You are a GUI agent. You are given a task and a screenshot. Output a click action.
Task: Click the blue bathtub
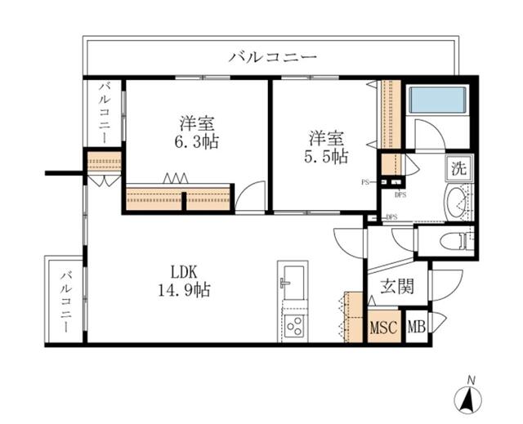tap(437, 100)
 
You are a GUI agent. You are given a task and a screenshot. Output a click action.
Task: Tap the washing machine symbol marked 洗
tap(458, 168)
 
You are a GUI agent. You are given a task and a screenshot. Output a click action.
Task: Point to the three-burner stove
tap(294, 326)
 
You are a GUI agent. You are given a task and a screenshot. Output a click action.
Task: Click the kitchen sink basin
tap(293, 283)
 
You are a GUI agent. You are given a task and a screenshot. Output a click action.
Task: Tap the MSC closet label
tap(383, 327)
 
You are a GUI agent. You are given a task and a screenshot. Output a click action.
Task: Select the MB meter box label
tap(417, 327)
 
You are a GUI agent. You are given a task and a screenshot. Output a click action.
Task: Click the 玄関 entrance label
tap(397, 286)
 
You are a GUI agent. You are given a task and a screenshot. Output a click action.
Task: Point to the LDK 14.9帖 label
tap(184, 281)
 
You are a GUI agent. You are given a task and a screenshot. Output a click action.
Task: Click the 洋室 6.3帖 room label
tap(197, 132)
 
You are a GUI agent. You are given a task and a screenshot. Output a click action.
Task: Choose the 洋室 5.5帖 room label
tap(326, 147)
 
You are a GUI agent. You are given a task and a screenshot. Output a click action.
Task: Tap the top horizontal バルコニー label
tap(272, 57)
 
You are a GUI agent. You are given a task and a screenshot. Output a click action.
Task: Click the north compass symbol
tap(468, 396)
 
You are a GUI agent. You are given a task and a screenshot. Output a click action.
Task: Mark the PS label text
tap(365, 182)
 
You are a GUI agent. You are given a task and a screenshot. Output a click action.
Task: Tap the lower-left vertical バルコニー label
tap(67, 302)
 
